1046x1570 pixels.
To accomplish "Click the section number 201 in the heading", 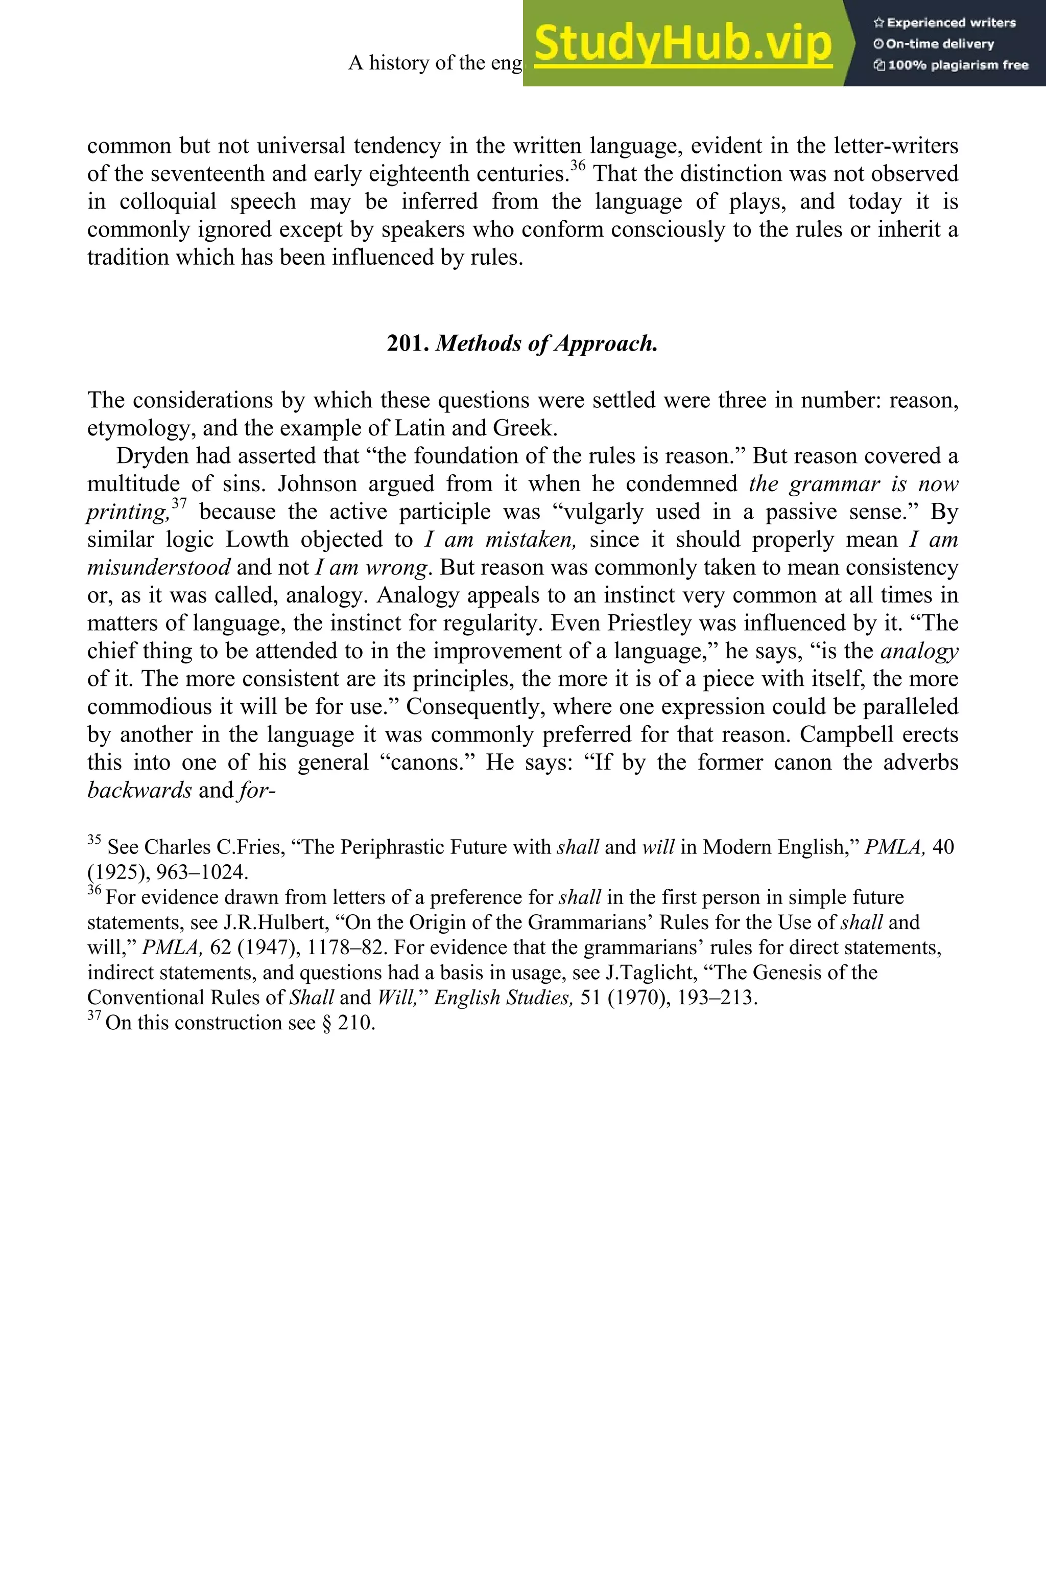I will (408, 343).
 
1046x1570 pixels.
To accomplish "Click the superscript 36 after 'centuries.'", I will (578, 166).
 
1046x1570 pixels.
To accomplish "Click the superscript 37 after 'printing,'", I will (179, 503).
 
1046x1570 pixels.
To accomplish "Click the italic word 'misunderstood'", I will (159, 567).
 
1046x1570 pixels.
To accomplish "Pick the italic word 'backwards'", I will (139, 790).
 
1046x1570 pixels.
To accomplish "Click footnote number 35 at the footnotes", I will (94, 840).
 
